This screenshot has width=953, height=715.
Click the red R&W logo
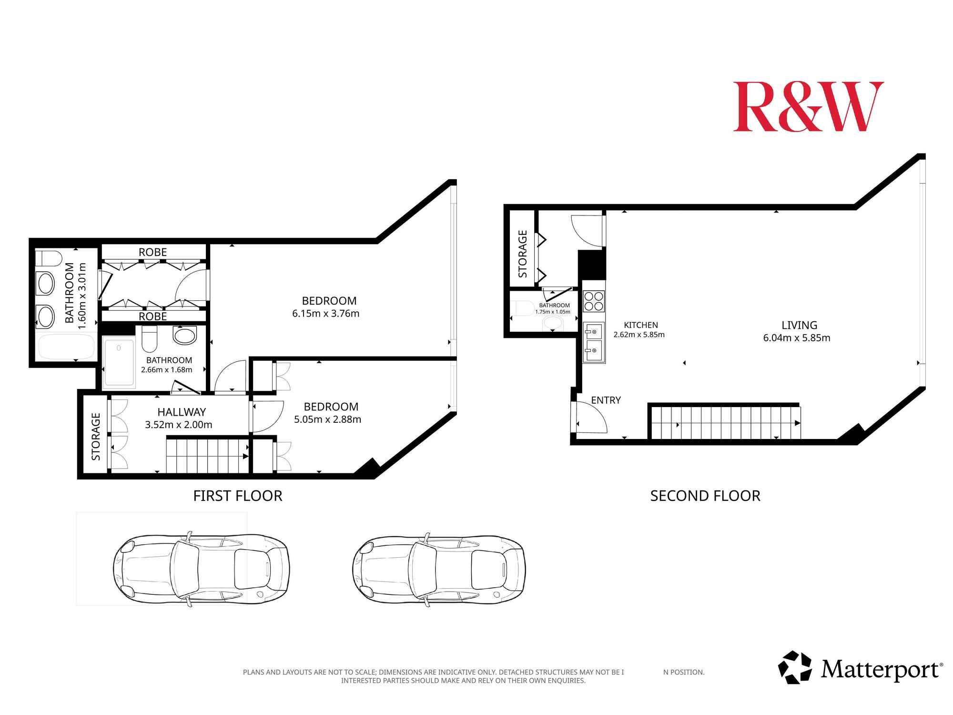[808, 106]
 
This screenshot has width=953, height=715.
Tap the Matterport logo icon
[795, 667]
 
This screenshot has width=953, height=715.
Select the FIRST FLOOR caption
[238, 496]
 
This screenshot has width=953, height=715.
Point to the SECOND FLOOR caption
[705, 496]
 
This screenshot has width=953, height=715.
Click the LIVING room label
[799, 325]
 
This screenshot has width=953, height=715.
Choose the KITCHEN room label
[641, 325]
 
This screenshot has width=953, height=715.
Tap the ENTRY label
[606, 400]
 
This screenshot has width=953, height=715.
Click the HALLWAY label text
[182, 412]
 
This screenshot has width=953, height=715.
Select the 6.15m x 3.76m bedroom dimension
[325, 314]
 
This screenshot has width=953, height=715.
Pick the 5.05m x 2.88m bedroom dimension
[327, 419]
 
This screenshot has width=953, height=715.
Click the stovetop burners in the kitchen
[594, 301]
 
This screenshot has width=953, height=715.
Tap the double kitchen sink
[594, 343]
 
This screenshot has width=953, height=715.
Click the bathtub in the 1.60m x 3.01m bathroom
[66, 347]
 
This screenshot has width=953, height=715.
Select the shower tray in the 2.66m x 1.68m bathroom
[119, 361]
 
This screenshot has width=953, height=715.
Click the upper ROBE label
[152, 252]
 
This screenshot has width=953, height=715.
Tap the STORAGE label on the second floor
[523, 254]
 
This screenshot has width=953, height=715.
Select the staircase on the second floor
[724, 422]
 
